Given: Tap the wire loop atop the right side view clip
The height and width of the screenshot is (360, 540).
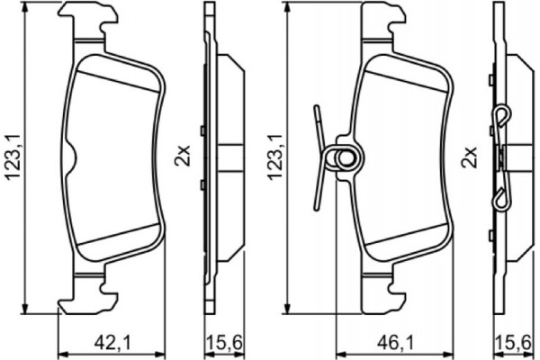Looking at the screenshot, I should point(504,118).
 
